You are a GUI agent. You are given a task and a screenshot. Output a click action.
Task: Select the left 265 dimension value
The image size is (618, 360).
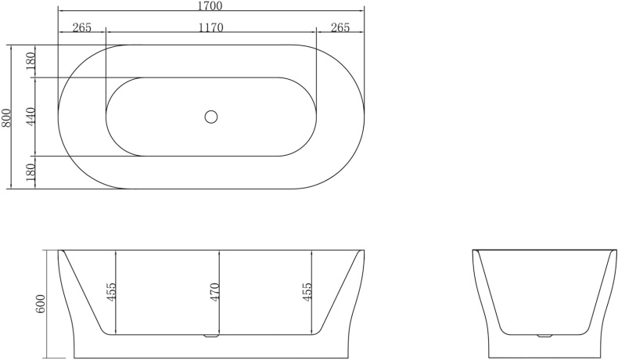tap(81, 28)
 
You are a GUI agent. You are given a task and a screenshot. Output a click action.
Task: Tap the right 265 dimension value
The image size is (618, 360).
tap(340, 28)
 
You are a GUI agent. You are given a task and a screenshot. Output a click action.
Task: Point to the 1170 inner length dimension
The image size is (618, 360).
tap(211, 28)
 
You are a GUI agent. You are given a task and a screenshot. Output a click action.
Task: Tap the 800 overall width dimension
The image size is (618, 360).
tap(7, 117)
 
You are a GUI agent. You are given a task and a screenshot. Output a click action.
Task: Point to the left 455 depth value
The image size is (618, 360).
tap(111, 292)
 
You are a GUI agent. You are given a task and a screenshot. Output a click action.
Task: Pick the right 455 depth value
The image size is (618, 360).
tap(308, 292)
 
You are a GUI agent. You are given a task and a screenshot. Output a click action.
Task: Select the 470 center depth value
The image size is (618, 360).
tap(214, 292)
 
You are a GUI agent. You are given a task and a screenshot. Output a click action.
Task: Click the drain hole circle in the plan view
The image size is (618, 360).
tap(210, 117)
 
